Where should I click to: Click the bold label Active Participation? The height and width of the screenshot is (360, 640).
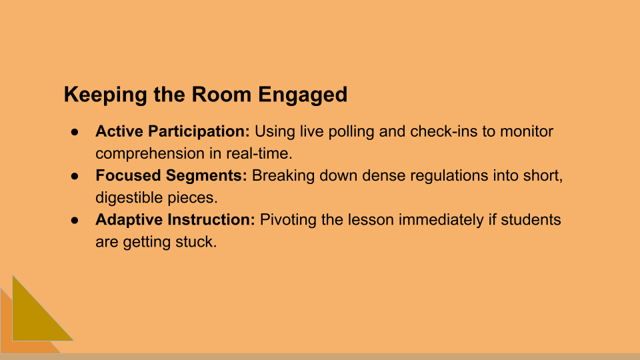point(173,131)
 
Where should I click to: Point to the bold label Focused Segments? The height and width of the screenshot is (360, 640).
point(171,176)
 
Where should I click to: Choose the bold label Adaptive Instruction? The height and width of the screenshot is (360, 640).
point(175,220)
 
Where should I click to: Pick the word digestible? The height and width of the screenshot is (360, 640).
point(129,198)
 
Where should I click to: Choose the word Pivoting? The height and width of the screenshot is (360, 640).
point(287,220)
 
